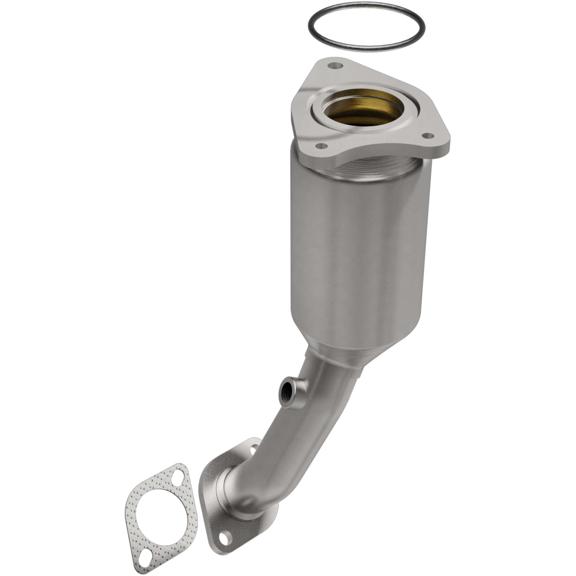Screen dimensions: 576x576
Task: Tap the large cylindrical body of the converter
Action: (x=359, y=247)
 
